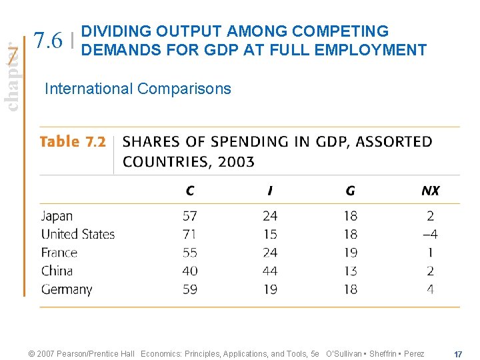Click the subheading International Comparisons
(x=137, y=89)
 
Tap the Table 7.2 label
(x=73, y=141)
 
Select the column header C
(x=190, y=191)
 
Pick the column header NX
(x=430, y=191)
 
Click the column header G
(x=350, y=191)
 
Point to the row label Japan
(x=57, y=216)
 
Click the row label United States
(x=78, y=234)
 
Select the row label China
(x=57, y=271)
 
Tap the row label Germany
(x=67, y=289)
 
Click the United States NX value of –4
(x=429, y=234)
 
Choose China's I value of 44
(x=269, y=271)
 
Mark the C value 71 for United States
(x=190, y=234)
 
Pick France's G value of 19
(x=350, y=253)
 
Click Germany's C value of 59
(x=190, y=289)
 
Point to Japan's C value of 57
(x=190, y=216)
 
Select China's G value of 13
(x=350, y=271)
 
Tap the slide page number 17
(x=458, y=353)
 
